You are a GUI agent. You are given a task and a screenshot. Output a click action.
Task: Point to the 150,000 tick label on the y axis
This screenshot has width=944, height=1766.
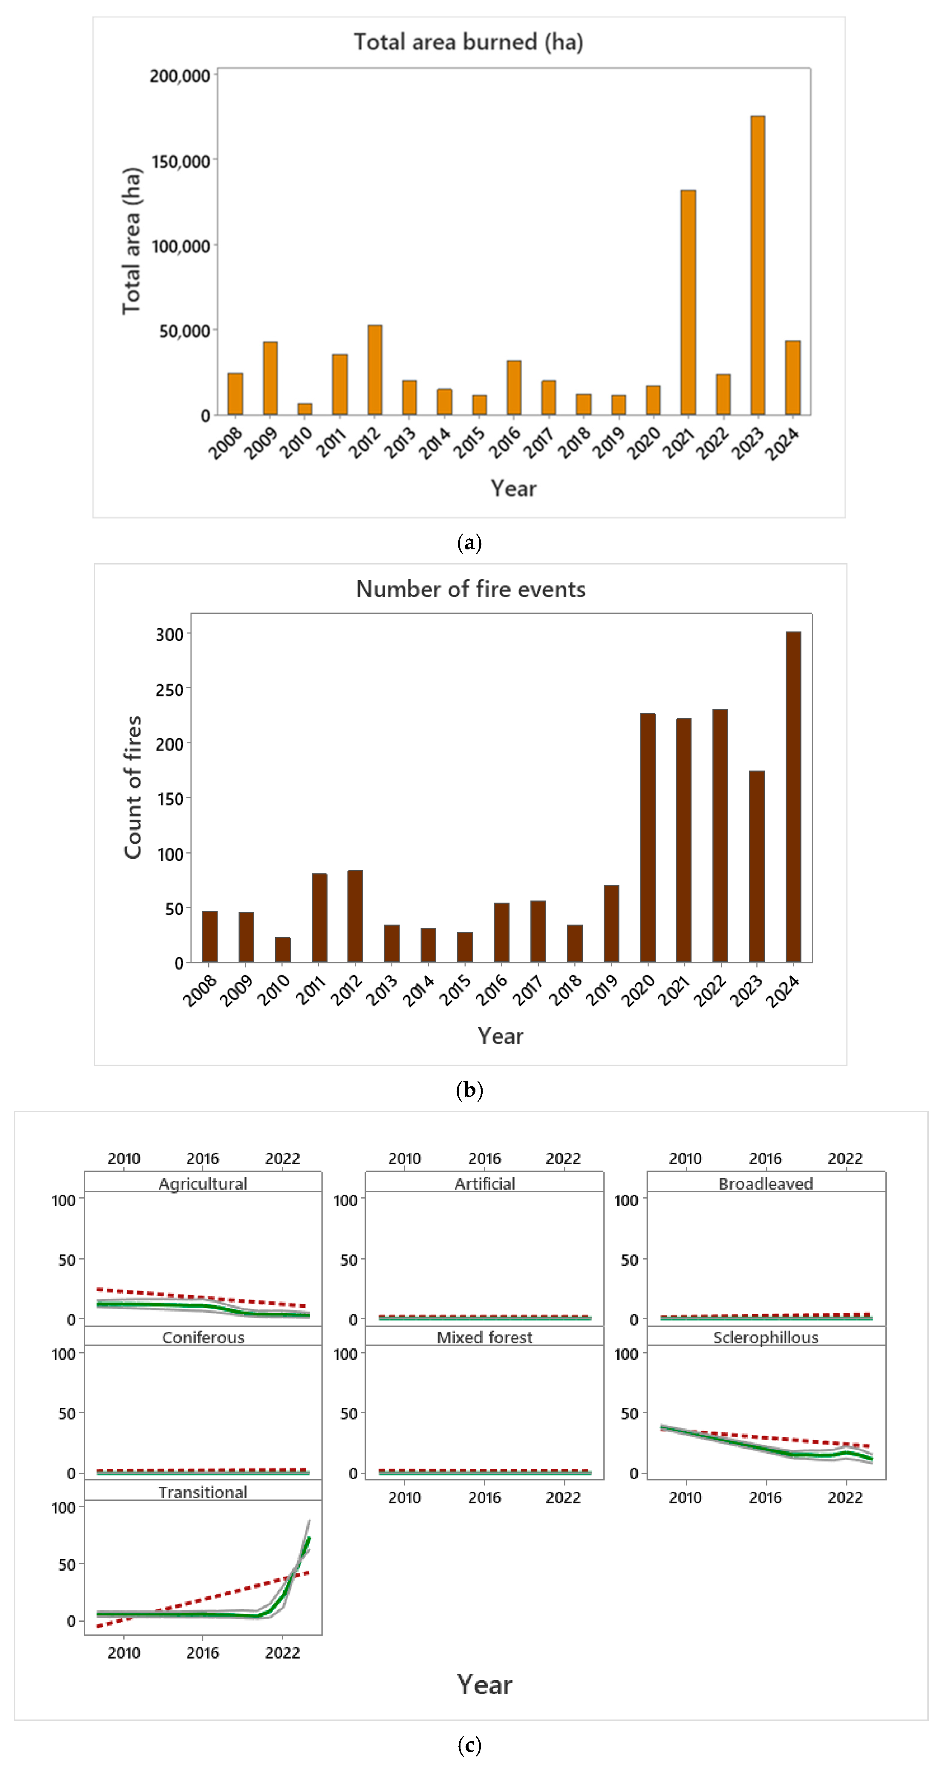[x=180, y=162]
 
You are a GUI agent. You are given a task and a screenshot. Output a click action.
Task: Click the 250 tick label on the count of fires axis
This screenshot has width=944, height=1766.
[x=169, y=690]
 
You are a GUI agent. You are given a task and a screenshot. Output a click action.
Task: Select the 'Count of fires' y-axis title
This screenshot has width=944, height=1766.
[x=133, y=787]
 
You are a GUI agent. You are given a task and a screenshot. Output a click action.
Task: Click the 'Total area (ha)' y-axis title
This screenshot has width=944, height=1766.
[x=131, y=241]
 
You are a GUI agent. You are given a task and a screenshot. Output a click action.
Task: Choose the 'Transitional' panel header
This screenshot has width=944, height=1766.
[x=203, y=1492]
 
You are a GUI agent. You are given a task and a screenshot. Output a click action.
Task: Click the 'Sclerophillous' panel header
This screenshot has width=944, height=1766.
[x=766, y=1338]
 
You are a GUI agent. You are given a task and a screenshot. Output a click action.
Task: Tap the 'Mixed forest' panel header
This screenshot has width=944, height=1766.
[x=485, y=1338]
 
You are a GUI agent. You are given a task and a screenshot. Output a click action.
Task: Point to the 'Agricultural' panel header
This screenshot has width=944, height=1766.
[x=203, y=1184]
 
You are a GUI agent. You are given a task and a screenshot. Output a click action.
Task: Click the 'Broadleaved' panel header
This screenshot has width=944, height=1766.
[x=766, y=1184]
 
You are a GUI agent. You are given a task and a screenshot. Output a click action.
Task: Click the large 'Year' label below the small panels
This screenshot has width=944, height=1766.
[x=485, y=1684]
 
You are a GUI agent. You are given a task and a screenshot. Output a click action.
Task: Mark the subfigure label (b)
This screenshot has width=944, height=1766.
[x=469, y=1090]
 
